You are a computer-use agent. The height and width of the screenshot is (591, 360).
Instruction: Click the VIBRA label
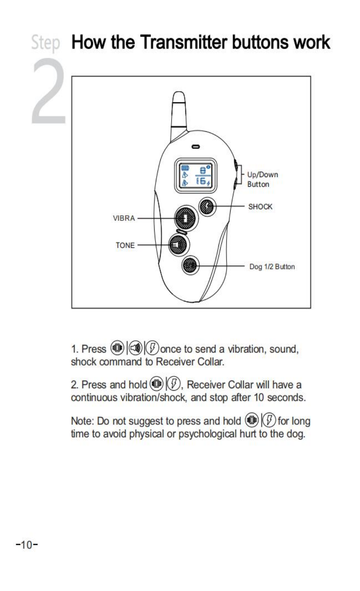click(124, 219)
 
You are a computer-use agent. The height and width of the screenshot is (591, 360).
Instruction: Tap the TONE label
click(125, 245)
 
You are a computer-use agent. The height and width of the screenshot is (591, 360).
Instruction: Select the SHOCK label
click(260, 207)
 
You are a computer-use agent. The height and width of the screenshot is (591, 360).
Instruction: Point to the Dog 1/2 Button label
click(272, 267)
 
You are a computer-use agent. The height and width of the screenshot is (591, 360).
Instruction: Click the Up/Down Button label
click(262, 179)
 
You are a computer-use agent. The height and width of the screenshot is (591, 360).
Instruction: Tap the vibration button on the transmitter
click(185, 218)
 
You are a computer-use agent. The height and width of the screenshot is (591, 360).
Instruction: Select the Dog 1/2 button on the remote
click(190, 265)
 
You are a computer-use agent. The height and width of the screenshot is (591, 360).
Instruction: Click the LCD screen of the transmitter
click(196, 175)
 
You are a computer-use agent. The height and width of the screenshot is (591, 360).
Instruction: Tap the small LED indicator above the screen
click(196, 147)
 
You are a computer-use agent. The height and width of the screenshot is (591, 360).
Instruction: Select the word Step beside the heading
click(45, 43)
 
